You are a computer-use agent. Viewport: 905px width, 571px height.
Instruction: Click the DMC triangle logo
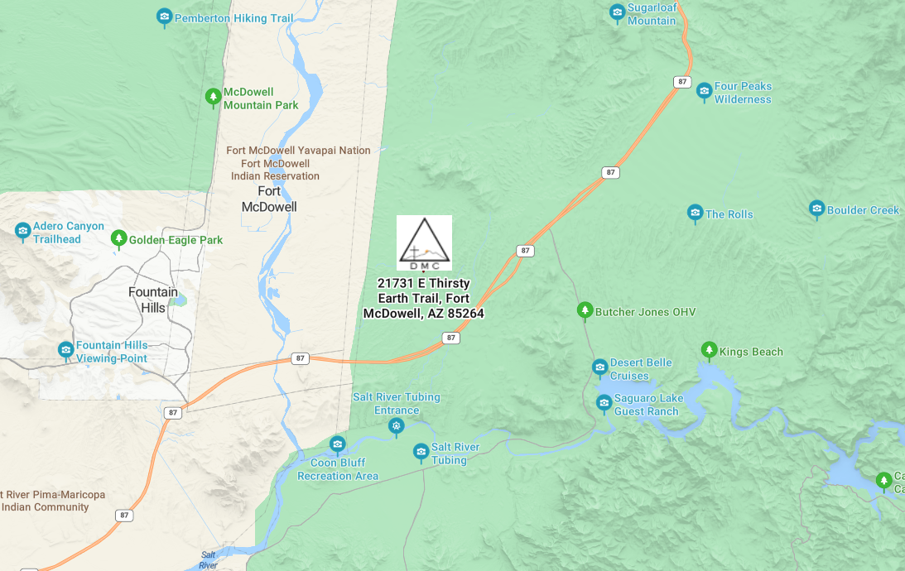click(x=424, y=242)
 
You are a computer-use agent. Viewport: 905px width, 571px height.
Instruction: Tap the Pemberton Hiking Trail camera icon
click(x=165, y=17)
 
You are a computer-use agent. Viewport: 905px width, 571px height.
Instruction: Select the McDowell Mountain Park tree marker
click(x=213, y=98)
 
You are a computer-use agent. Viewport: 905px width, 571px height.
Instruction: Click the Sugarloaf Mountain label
click(x=651, y=14)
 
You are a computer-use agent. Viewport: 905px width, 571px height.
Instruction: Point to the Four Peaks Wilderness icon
click(x=704, y=91)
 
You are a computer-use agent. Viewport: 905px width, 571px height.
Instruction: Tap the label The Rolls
click(x=729, y=214)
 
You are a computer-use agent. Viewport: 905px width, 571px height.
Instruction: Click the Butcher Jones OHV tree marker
click(x=585, y=310)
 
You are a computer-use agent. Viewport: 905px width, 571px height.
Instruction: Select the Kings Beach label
click(x=750, y=352)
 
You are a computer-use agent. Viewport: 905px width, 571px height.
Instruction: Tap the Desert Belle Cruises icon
click(x=599, y=367)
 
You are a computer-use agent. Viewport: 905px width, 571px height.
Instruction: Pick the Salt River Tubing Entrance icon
click(x=397, y=425)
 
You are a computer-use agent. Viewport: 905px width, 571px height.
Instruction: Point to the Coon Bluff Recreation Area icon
click(x=337, y=444)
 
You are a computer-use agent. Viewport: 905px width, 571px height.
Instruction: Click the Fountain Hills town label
click(x=153, y=300)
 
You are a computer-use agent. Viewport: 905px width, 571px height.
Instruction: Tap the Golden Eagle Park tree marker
click(x=118, y=239)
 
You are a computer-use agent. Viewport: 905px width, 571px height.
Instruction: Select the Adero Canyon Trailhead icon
click(x=23, y=230)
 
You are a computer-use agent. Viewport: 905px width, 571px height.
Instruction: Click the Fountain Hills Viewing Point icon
click(x=65, y=350)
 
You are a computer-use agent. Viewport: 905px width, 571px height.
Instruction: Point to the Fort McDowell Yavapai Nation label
click(x=298, y=151)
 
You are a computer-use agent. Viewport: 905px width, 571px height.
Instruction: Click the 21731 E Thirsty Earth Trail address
click(x=423, y=299)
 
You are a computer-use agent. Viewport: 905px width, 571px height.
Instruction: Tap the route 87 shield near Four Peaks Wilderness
click(x=681, y=82)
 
